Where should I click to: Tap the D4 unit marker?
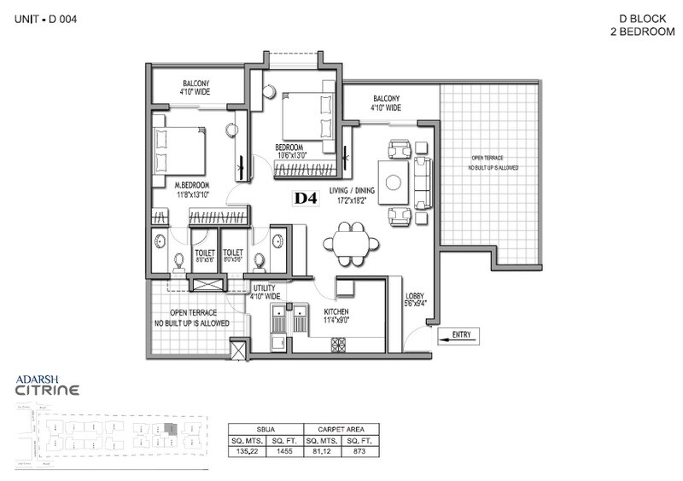[x=306, y=199]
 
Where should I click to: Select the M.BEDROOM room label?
[x=193, y=184]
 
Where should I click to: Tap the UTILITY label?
[x=265, y=289]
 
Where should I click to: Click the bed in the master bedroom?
[x=180, y=150]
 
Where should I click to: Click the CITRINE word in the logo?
[x=49, y=391]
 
